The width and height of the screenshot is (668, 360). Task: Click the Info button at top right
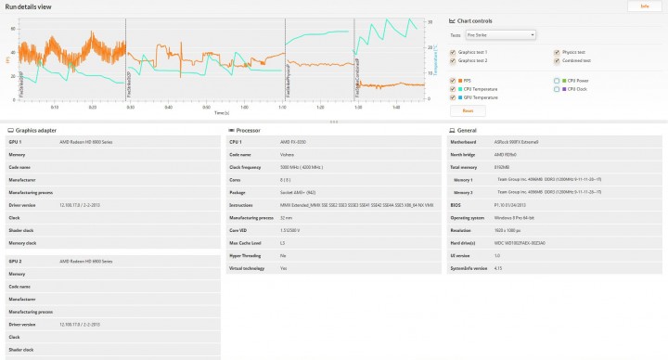[644, 6]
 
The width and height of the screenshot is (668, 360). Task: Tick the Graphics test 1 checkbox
[453, 52]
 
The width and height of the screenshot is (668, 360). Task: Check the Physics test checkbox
[556, 52]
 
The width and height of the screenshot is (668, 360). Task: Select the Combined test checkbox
[556, 60]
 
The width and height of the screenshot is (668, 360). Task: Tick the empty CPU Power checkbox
[556, 81]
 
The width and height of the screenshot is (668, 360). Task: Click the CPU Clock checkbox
[556, 89]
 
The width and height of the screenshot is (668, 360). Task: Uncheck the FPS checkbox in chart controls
[453, 81]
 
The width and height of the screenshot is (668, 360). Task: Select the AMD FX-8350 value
[293, 142]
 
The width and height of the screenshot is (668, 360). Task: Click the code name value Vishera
[288, 154]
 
